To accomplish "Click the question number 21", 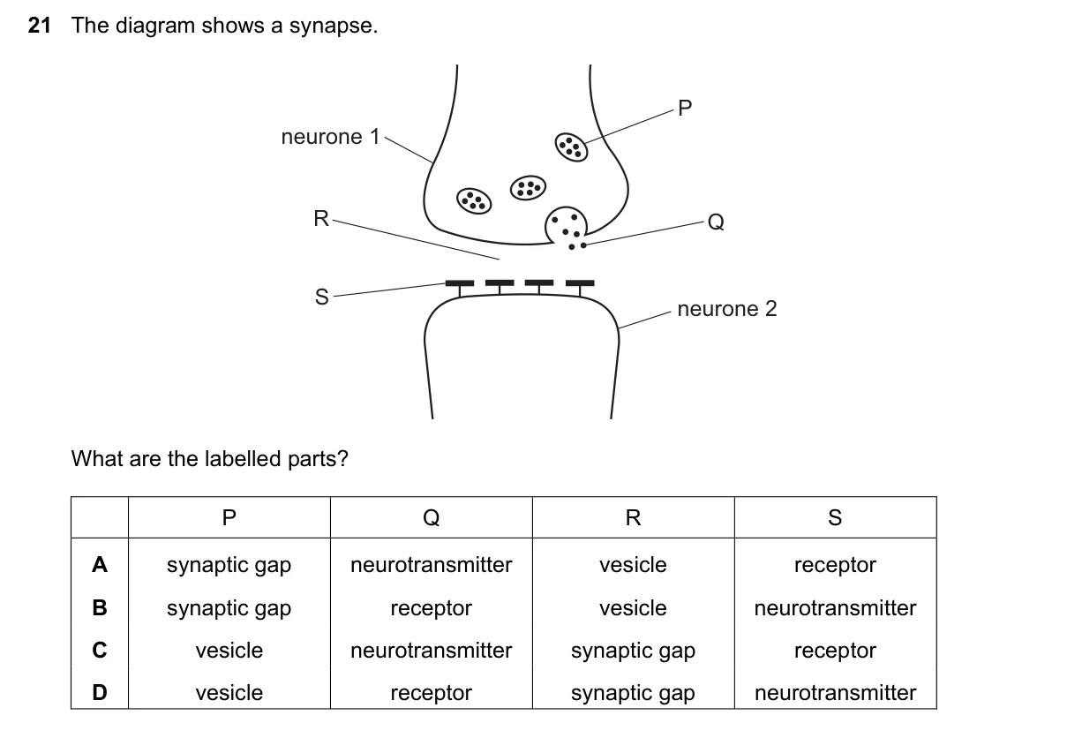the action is point(39,26).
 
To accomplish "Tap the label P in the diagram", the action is point(685,109).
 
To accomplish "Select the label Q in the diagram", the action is point(716,222).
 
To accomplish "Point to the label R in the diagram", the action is point(321,219).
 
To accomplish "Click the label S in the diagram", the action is point(322,297).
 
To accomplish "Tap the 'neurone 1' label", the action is point(330,137).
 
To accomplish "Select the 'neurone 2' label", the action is point(727,309).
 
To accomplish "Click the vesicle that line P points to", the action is point(571,147).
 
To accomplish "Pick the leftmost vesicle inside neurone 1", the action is point(474,200).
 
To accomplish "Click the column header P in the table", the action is point(229,517).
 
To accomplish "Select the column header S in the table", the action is point(835,517).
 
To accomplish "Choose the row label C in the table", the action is point(100,650).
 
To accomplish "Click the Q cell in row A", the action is point(431,565).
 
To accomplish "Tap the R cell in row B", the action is point(633,608).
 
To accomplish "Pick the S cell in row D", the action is point(835,693).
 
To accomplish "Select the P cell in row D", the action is point(229,693).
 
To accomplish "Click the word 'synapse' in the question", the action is point(333,26).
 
